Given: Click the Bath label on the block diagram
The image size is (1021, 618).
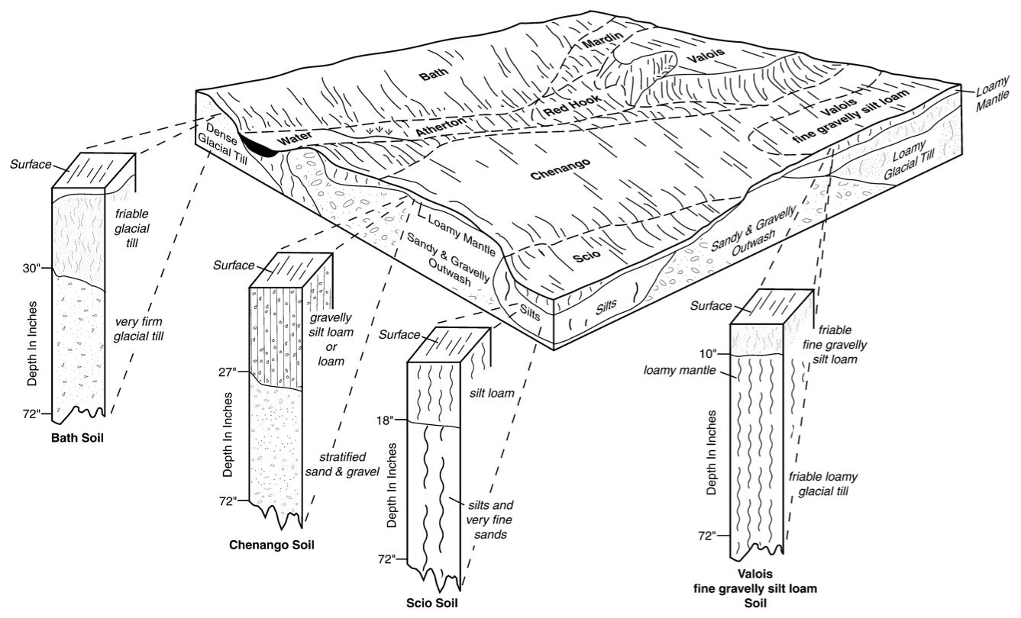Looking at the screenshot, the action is coord(434,74).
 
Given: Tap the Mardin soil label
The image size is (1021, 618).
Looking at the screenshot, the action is coord(603,40).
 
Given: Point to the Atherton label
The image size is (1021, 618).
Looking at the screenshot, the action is coord(441,126).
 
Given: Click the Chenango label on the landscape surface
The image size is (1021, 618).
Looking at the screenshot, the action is coord(561,169).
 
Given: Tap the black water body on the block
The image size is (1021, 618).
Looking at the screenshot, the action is coord(257,146).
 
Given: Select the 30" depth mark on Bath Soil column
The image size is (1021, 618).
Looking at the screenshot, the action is coord(32,269).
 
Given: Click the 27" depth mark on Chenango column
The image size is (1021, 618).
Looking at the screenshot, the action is coord(228,372).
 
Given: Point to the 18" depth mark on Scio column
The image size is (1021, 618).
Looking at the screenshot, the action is coord(385,420).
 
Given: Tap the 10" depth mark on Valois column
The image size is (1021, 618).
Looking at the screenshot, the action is coord(708,353).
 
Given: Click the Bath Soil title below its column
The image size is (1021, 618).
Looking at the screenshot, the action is coord(77,438).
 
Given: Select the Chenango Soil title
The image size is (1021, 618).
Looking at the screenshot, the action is coord(272,545).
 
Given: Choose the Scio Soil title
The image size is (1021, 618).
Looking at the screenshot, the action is coord(432,603).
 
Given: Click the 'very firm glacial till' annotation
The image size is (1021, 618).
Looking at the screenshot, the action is coord(138,329).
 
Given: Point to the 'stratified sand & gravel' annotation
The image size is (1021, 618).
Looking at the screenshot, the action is coord(342,464).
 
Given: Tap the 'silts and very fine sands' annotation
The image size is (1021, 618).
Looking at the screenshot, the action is coord(490,520).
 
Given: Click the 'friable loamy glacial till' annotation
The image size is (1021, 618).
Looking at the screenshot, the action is coord(823,484).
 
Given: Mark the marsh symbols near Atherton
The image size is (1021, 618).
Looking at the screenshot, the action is coord(380,131).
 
